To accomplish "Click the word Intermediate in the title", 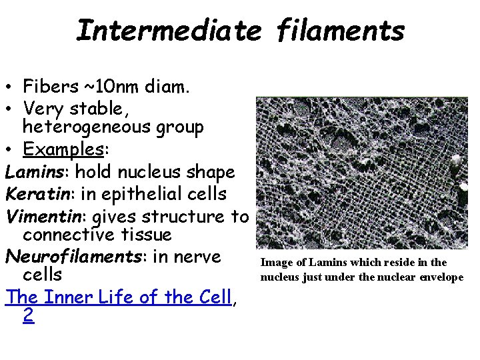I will click(x=167, y=31).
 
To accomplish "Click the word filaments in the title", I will click(x=339, y=31).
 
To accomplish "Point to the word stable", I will click(x=100, y=108).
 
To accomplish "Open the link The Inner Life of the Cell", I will click(x=118, y=297).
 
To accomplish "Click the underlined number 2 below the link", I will click(x=28, y=315).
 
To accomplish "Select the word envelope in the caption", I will click(x=441, y=277).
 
